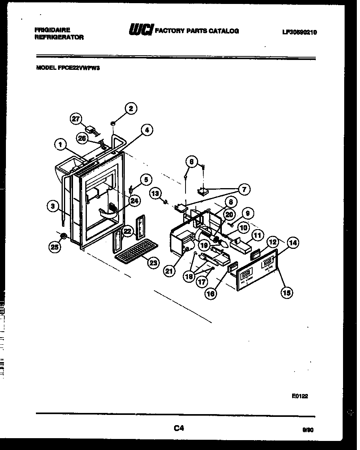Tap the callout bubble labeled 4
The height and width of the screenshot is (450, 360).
pos(146,130)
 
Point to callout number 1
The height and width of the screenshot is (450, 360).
pos(60,145)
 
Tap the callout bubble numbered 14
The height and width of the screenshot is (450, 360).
pos(292,243)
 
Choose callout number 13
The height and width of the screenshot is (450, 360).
pos(155,193)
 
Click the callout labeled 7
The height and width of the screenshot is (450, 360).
pos(244,189)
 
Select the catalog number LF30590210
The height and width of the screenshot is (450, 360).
pos(299,33)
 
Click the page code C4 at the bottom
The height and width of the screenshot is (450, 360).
pos(179,428)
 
